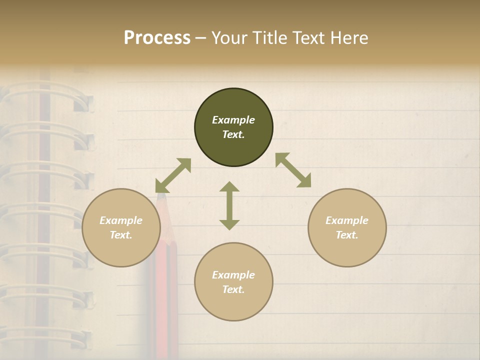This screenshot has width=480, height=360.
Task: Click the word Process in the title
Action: [x=157, y=38]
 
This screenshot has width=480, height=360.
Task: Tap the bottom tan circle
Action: [x=233, y=305]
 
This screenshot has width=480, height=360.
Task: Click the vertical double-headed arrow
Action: [x=229, y=205]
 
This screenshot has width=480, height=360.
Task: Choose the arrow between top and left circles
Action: [x=173, y=175]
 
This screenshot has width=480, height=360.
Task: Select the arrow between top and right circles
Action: [x=293, y=170]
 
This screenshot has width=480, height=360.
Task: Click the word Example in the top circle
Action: [x=233, y=120]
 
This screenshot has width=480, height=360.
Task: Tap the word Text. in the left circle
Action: [x=121, y=235]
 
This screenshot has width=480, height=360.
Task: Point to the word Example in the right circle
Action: [x=347, y=220]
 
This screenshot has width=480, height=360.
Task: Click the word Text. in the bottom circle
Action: [x=233, y=289]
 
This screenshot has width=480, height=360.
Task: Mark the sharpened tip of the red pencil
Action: [x=161, y=196]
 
